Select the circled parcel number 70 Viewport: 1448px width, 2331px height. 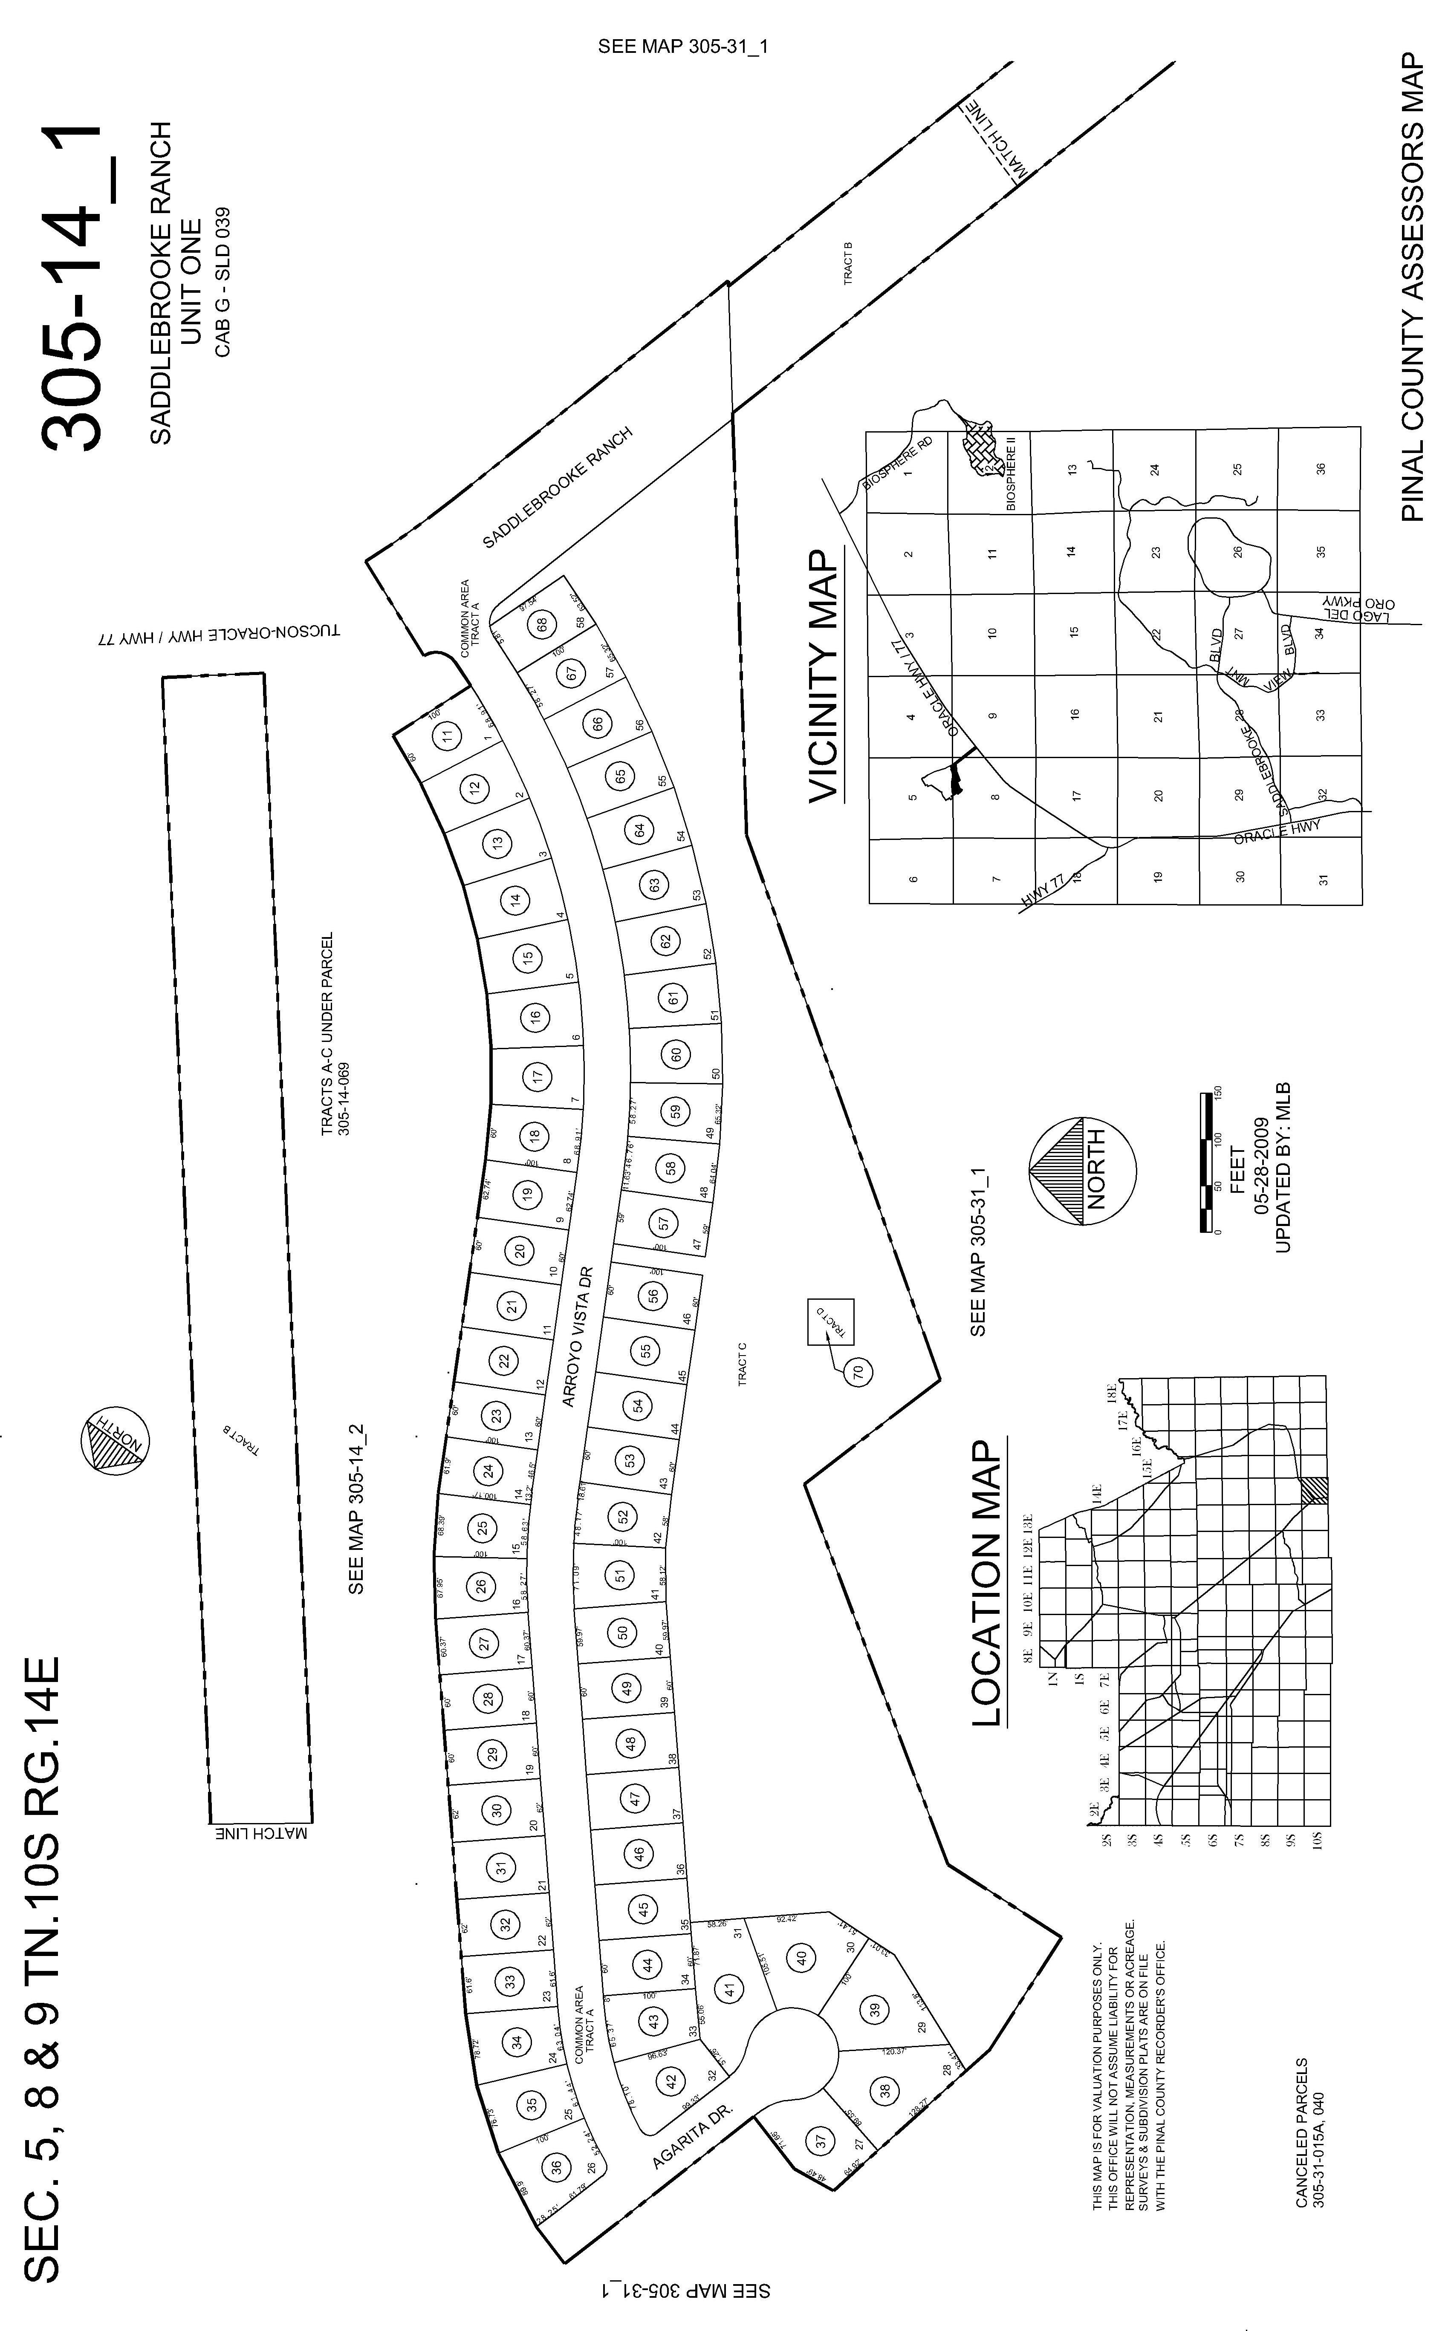(858, 1371)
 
